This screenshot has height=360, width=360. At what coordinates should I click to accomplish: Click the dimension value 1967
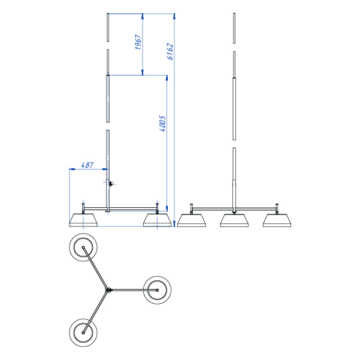(138, 42)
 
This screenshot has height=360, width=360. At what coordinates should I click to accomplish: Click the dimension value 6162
(170, 52)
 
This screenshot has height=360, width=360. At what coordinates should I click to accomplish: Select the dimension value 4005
(162, 123)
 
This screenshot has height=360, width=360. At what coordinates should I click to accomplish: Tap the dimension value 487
(87, 165)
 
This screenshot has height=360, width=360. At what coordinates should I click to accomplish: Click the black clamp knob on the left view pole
(111, 184)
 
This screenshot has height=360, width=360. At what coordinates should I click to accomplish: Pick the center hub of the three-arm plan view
(108, 290)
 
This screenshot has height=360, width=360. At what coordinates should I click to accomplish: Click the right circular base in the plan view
(157, 290)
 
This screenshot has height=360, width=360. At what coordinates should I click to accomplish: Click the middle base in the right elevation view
(234, 220)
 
